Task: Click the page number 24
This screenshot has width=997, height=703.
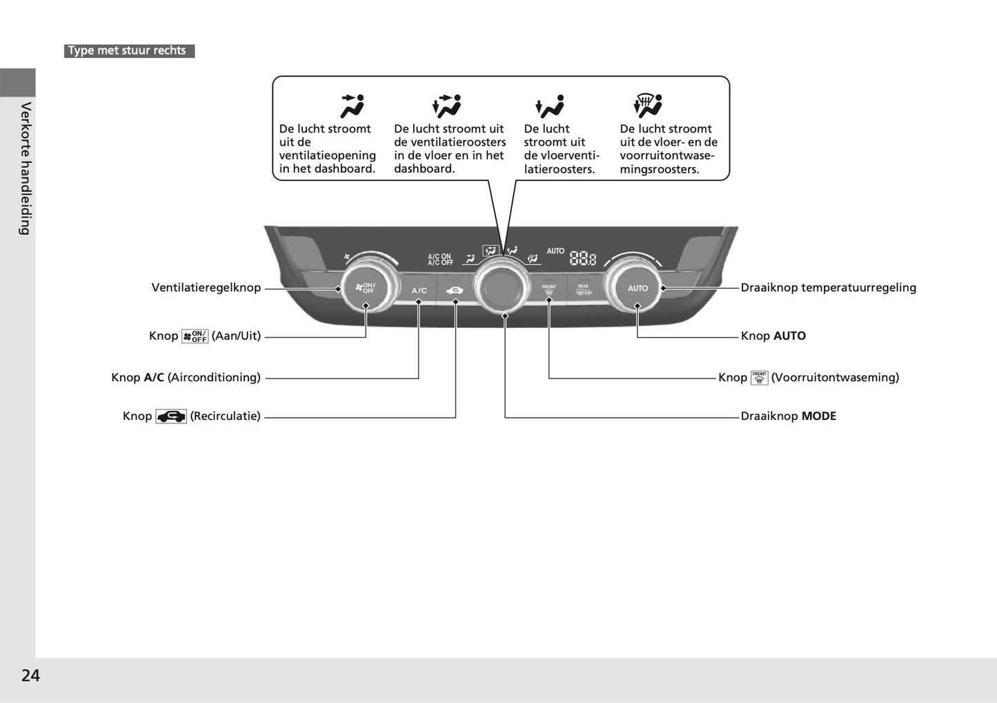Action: click(30, 675)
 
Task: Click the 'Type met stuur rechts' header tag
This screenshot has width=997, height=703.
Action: click(128, 50)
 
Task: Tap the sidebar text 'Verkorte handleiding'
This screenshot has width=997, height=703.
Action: click(25, 168)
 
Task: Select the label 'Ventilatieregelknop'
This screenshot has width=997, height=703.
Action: click(206, 287)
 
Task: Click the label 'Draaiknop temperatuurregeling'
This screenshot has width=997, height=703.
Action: click(828, 287)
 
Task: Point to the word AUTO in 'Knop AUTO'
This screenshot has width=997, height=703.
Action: click(789, 336)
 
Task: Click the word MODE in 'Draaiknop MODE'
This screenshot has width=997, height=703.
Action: click(819, 416)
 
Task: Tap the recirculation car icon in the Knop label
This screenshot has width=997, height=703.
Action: click(171, 416)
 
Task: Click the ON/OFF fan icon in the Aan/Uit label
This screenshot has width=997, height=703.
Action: click(195, 336)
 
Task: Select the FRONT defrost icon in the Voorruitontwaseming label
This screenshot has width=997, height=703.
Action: click(759, 378)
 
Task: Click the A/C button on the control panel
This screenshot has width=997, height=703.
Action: click(419, 291)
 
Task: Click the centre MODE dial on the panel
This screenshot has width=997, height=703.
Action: click(504, 287)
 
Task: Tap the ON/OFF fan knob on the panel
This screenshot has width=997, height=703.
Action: click(366, 287)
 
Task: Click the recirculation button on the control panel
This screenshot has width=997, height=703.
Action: click(455, 291)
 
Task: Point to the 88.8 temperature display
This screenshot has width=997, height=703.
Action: click(583, 258)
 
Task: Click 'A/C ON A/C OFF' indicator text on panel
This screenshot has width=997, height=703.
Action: click(440, 260)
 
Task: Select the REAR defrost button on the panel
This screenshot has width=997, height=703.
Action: click(584, 290)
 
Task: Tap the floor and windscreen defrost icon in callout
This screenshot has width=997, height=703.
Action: click(648, 106)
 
